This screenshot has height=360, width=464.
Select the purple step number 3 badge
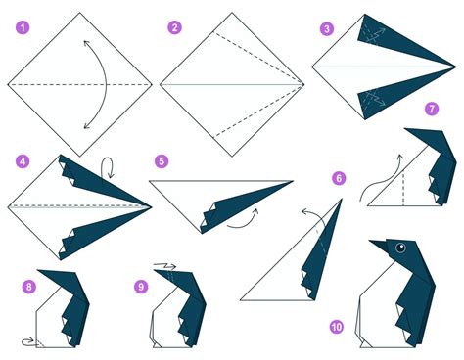click(326, 28)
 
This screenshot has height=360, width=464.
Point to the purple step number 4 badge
click(21, 157)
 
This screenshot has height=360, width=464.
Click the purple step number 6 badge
click(340, 178)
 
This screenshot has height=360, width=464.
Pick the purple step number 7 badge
click(432, 108)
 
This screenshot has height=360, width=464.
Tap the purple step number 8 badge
click(28, 286)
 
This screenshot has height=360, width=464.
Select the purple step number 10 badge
click(337, 327)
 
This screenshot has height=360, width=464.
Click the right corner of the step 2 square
click(306, 85)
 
